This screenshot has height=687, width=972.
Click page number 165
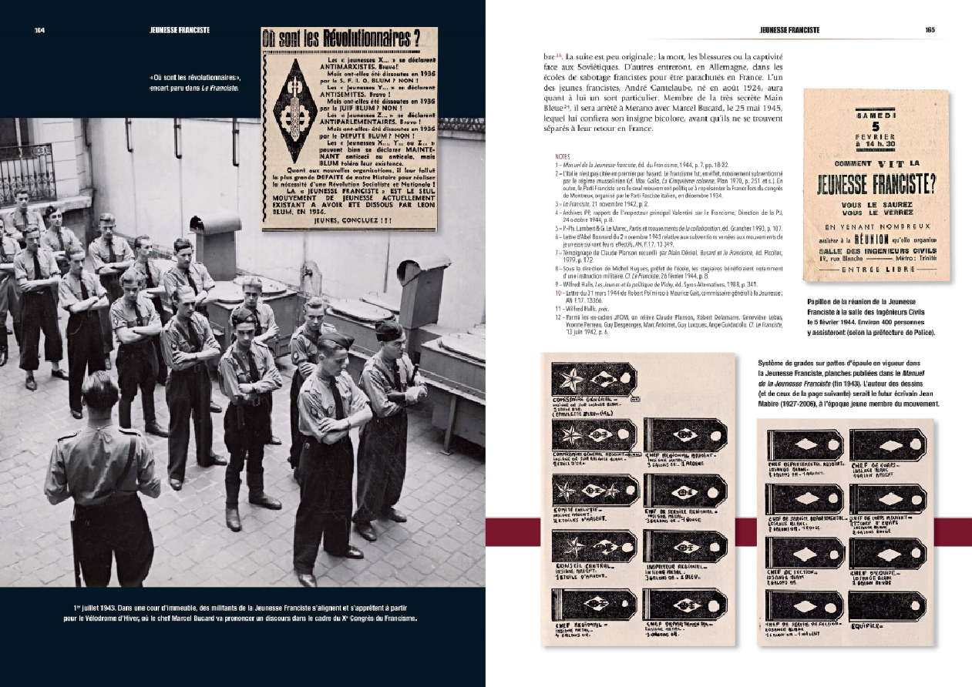(930, 31)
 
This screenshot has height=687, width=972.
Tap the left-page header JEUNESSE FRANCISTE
(180, 31)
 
